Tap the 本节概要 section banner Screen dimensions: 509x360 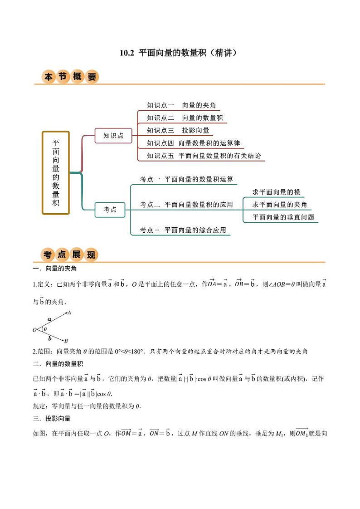70,77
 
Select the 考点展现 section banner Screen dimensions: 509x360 69,255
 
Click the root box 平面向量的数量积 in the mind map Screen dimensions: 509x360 56,172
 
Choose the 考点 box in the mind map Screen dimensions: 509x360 110,210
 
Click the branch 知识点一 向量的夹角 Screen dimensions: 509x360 181,105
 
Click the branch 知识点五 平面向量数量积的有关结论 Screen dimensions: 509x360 204,156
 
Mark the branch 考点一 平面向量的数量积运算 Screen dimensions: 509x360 186,179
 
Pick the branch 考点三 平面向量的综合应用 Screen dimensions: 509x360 183,230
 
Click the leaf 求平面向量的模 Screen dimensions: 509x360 276,192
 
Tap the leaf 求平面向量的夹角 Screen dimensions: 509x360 279,205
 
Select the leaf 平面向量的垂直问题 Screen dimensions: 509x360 283,217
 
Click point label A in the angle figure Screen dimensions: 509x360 69,313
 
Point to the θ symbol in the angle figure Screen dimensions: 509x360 45,330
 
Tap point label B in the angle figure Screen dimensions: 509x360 66,341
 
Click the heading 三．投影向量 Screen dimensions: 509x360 52,418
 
